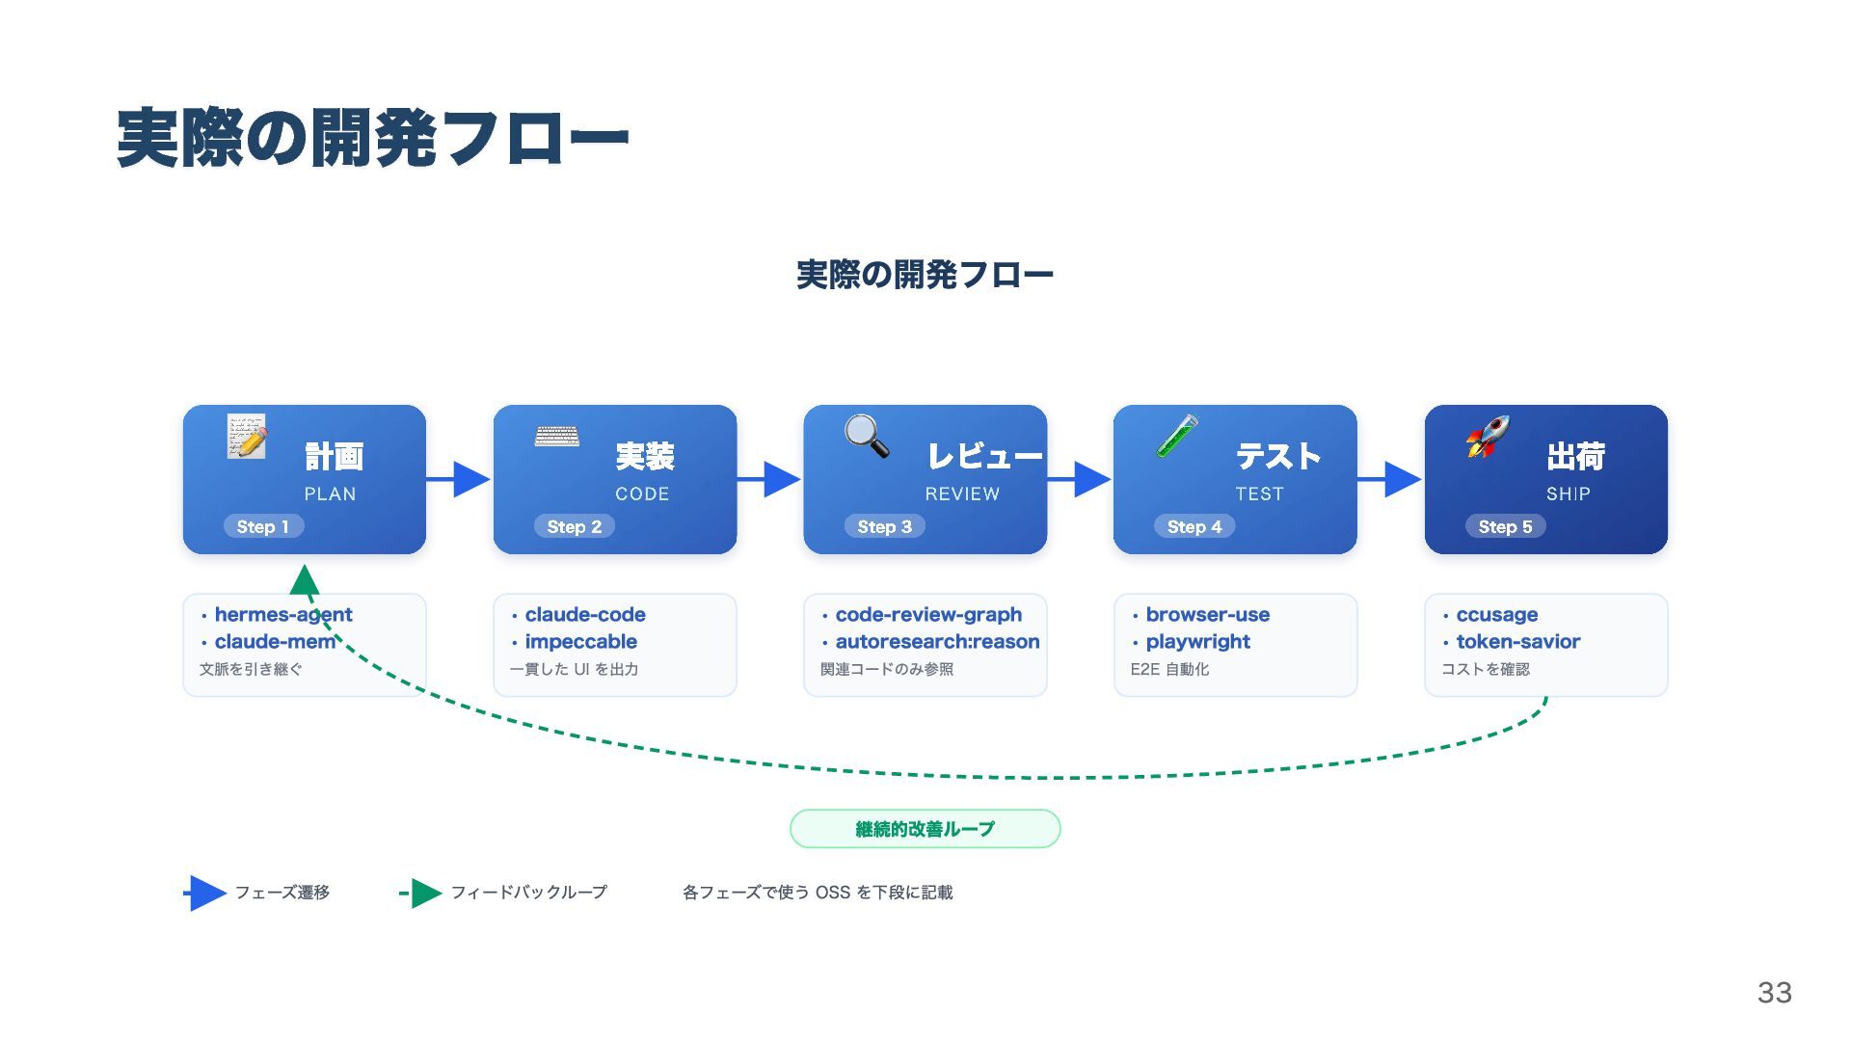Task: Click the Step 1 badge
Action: tap(263, 526)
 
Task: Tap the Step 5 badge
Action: tap(1505, 526)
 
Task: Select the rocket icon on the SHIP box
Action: tap(1488, 437)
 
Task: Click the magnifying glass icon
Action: tap(867, 436)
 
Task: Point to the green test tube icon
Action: tap(1177, 436)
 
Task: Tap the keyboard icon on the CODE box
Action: tap(557, 436)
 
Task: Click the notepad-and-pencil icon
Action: tap(247, 436)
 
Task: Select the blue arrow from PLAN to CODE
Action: tap(459, 478)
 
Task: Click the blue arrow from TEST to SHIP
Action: tap(1390, 478)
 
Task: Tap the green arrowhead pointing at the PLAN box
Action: tap(305, 579)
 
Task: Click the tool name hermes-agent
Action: tap(283, 614)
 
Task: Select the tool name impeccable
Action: tap(580, 641)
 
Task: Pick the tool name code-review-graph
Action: tap(928, 614)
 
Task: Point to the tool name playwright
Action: tap(1197, 641)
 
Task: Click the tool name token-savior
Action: tap(1517, 641)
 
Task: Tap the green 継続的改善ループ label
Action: tap(925, 829)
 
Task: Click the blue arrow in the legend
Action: tap(205, 894)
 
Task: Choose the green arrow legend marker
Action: tap(420, 894)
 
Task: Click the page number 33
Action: tap(1774, 992)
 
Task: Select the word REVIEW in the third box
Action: tap(962, 494)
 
